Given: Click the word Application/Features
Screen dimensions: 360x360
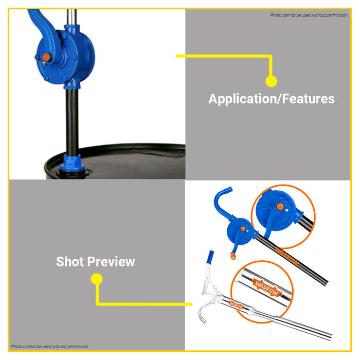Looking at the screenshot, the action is pyautogui.click(x=272, y=99).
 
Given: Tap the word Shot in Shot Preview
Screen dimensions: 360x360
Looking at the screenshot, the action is pyautogui.click(x=69, y=261).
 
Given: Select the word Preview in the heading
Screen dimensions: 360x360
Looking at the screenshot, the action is pyautogui.click(x=111, y=262).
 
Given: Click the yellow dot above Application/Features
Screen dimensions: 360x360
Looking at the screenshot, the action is pyautogui.click(x=271, y=81).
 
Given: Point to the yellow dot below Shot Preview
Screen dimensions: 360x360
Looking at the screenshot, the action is pyautogui.click(x=97, y=279).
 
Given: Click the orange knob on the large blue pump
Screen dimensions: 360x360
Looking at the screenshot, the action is pyautogui.click(x=46, y=57).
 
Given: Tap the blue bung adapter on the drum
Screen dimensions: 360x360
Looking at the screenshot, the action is pyautogui.click(x=72, y=163).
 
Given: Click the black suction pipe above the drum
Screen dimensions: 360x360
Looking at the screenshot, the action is pyautogui.click(x=72, y=122).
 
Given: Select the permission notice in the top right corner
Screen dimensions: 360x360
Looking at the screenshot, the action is pyautogui.click(x=309, y=15).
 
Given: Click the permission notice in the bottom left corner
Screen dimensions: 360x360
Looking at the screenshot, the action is pyautogui.click(x=49, y=347).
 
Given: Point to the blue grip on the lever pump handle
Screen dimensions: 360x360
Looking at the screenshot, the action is pyautogui.click(x=210, y=257).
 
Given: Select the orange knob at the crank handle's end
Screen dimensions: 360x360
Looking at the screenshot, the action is pyautogui.click(x=233, y=256).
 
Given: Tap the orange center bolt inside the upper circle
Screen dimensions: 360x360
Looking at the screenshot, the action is pyautogui.click(x=280, y=207).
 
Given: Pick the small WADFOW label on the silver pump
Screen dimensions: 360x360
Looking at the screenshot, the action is pyautogui.click(x=236, y=305).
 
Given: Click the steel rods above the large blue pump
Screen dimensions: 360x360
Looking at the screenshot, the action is pyautogui.click(x=72, y=17).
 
